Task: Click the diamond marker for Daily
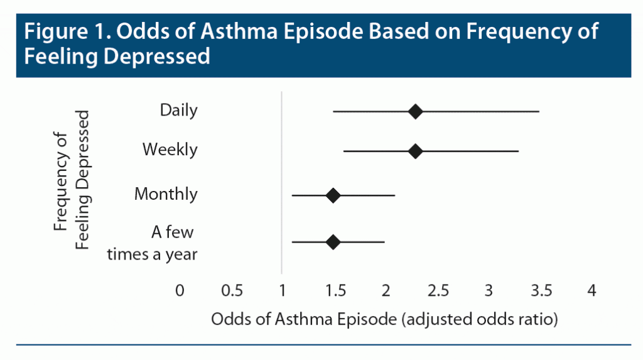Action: point(415,112)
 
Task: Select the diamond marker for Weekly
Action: point(415,151)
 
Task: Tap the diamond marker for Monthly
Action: point(333,195)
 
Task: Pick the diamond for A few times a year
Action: point(333,242)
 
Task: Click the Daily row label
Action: point(178,111)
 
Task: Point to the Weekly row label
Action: point(170,150)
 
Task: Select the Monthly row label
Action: point(166,194)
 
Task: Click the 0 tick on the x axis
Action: point(180,290)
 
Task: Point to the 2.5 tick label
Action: point(438,290)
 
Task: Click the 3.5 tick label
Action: point(541,290)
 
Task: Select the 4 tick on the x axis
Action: point(591,290)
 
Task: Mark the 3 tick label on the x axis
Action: point(489,290)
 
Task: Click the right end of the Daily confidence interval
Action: point(538,112)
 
